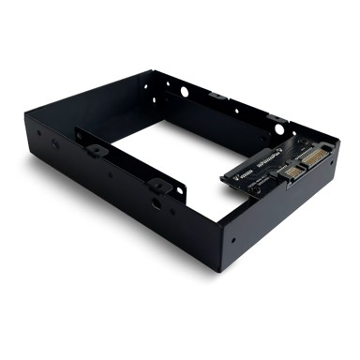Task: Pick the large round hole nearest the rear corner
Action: tap(185, 92)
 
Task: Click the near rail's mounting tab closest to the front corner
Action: tap(156, 184)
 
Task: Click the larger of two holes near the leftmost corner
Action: tap(55, 142)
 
